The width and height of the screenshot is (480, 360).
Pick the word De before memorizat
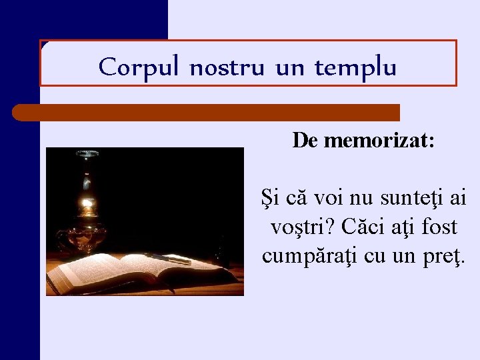click(305, 141)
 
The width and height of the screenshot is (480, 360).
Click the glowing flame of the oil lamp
click(86, 202)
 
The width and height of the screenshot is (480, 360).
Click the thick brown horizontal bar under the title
click(207, 112)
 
